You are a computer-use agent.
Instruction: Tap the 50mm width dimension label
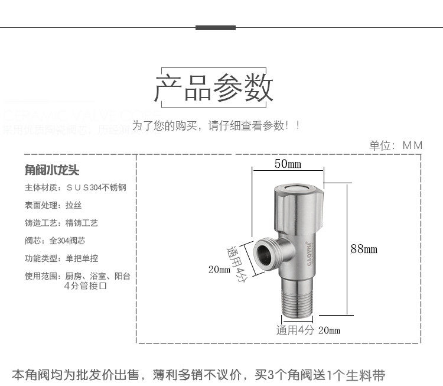288,164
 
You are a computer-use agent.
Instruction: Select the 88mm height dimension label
364,249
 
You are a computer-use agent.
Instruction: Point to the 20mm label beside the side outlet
219,270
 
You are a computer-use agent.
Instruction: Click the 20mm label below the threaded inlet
329,330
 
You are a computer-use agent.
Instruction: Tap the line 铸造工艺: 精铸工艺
61,223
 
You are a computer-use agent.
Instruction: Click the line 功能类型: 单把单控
61,258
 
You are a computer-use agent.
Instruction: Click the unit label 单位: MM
396,145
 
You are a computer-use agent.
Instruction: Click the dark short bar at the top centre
216,28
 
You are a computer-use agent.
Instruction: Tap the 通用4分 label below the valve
295,330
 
